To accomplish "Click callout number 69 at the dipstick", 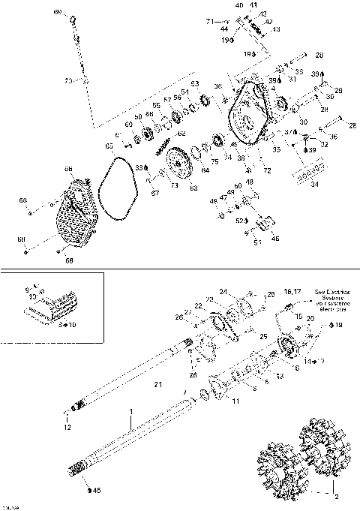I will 55,14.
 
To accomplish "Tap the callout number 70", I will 67,80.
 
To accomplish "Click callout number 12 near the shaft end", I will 67,428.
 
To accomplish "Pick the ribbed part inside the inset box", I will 56,308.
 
